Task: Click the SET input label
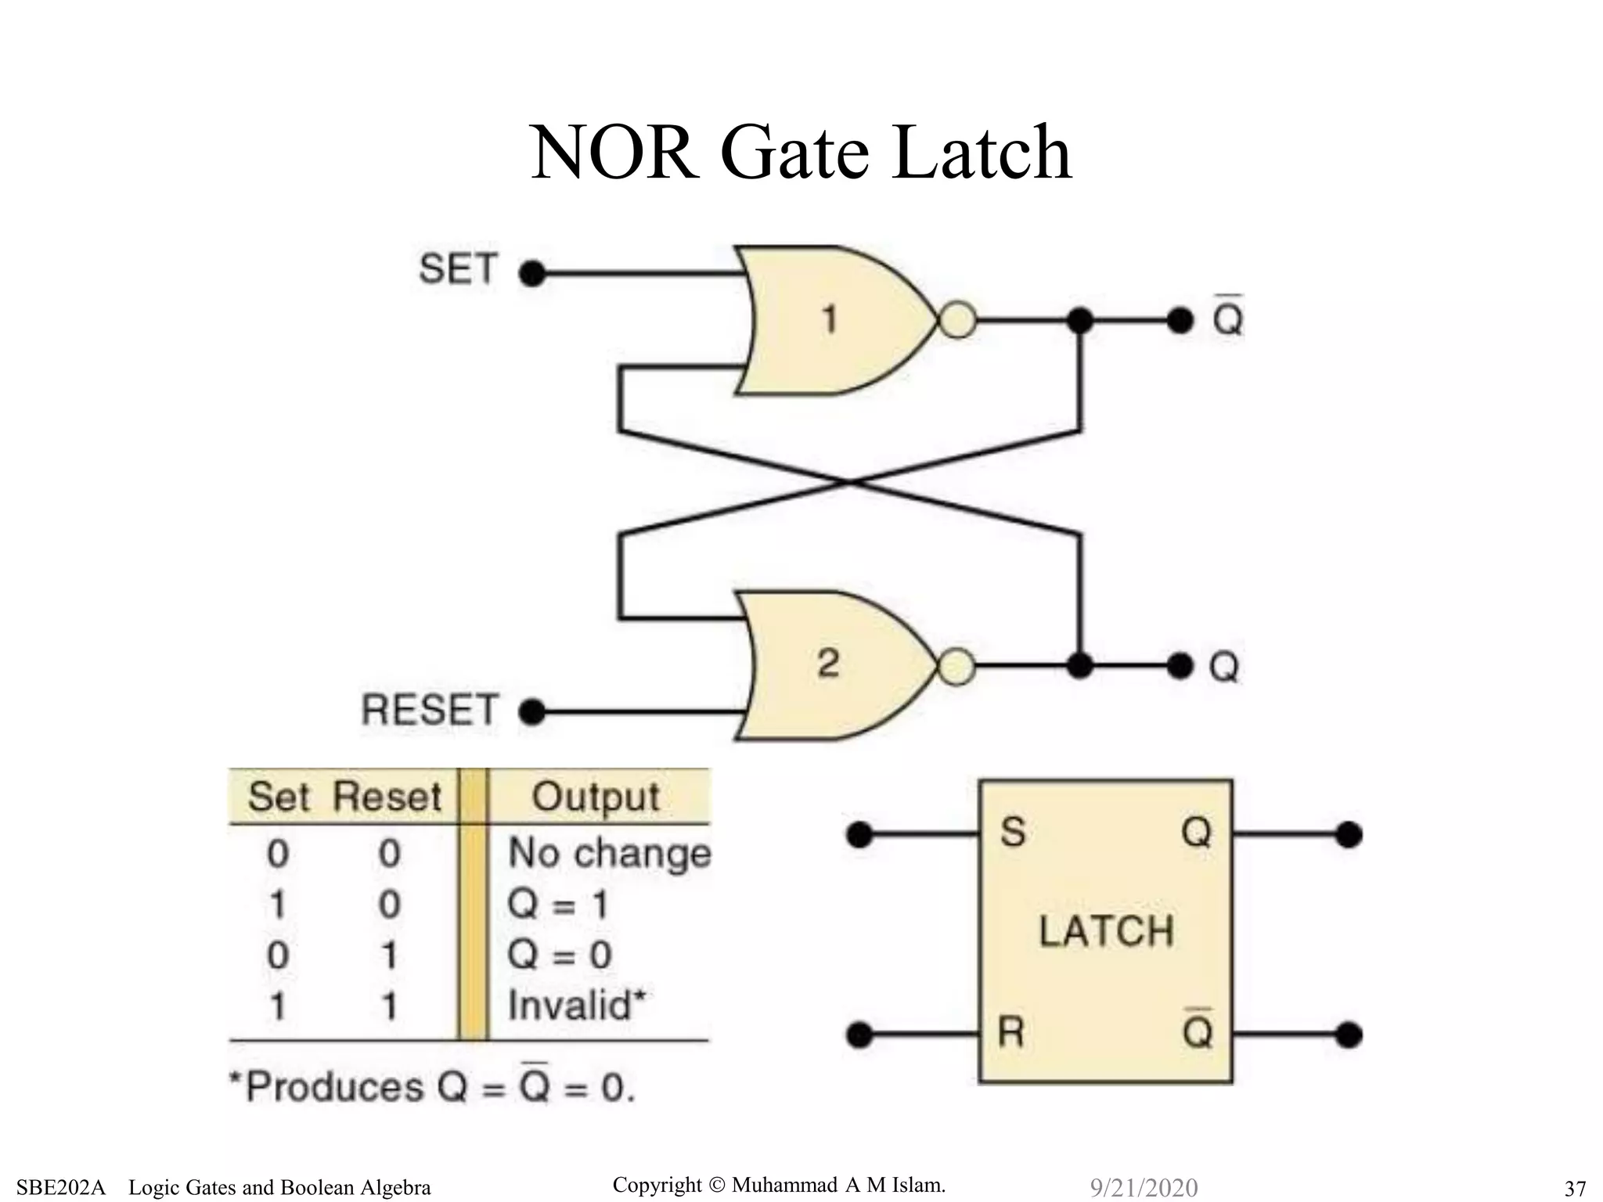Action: tap(458, 269)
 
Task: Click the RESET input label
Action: tap(429, 711)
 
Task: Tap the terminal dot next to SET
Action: tap(532, 274)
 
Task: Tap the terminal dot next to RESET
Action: tap(532, 712)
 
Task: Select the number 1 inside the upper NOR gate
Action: tap(829, 319)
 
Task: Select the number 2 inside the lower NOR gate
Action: tap(828, 664)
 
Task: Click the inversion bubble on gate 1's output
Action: tap(956, 320)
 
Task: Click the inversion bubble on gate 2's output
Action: tap(956, 668)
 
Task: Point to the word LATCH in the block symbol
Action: tap(1106, 931)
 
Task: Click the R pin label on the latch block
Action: tap(1011, 1033)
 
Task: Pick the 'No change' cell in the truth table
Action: tap(609, 853)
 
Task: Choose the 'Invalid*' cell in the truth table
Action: tap(578, 1005)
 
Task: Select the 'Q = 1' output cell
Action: tap(557, 905)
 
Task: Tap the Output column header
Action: tap(596, 797)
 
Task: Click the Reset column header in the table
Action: tap(387, 797)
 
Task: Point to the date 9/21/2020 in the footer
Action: tap(1144, 1187)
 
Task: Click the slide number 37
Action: tap(1575, 1188)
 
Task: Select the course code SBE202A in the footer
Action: tap(61, 1187)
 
